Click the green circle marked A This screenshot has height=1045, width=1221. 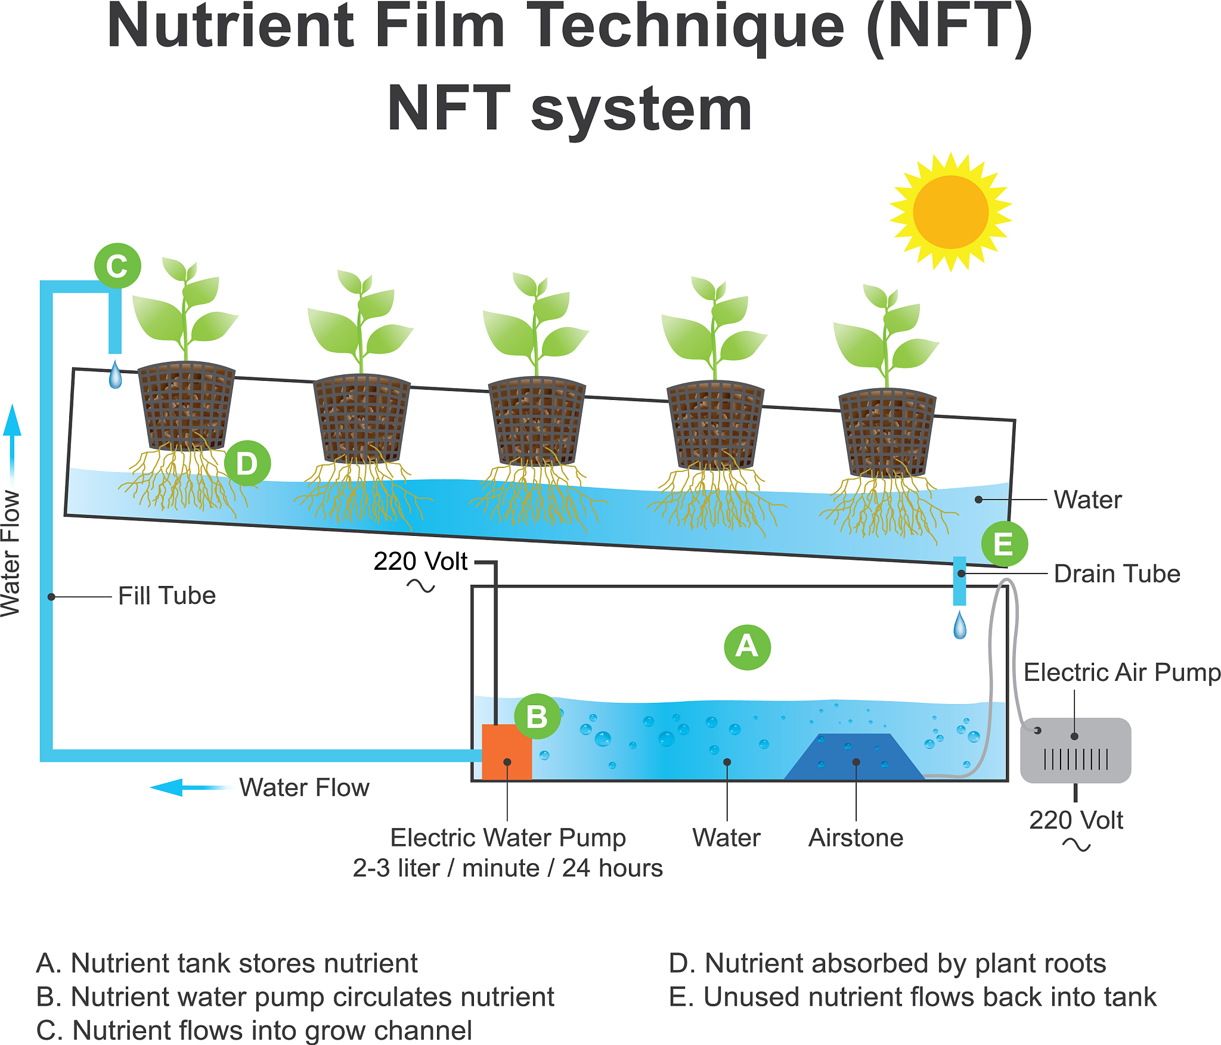[747, 647]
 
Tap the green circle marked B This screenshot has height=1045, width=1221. [537, 717]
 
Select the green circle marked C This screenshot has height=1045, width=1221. [117, 266]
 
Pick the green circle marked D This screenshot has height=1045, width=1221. [247, 463]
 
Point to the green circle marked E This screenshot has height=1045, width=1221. [1004, 544]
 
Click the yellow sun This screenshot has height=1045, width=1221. [950, 212]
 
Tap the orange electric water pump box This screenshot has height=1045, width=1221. [506, 752]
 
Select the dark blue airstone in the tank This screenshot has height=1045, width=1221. [854, 757]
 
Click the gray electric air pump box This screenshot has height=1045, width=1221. [1075, 751]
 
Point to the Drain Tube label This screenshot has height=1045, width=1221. [1117, 573]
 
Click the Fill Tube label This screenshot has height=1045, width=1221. [167, 596]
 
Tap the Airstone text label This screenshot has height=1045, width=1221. [856, 838]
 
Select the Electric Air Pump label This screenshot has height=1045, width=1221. [1121, 672]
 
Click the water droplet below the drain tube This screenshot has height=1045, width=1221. [960, 626]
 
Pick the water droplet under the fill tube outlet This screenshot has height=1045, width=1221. [116, 375]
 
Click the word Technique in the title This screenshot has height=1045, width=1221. [686, 27]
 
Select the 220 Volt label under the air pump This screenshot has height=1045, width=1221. [1076, 820]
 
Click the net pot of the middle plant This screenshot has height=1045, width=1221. [537, 420]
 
